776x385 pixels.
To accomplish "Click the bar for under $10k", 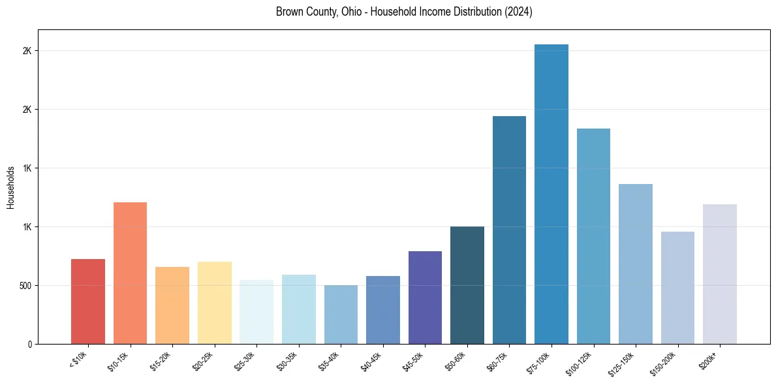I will (88, 301).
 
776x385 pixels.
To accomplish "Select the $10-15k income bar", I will (130, 273).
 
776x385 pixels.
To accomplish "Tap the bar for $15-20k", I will (172, 305).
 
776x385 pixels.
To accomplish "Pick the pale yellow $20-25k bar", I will (215, 303).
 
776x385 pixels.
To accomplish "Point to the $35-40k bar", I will (341, 315).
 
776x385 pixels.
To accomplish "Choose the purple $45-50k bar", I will (425, 298).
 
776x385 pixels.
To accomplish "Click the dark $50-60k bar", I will (467, 285).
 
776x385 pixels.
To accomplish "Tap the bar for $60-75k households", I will (509, 230).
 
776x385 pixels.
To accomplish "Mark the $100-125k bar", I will (593, 236).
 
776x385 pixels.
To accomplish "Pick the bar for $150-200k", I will (677, 288).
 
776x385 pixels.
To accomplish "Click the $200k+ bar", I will (720, 274).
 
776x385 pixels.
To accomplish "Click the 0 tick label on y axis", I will (29, 345).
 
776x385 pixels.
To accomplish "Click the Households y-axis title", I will (10, 187).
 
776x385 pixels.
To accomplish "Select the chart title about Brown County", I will (404, 12).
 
